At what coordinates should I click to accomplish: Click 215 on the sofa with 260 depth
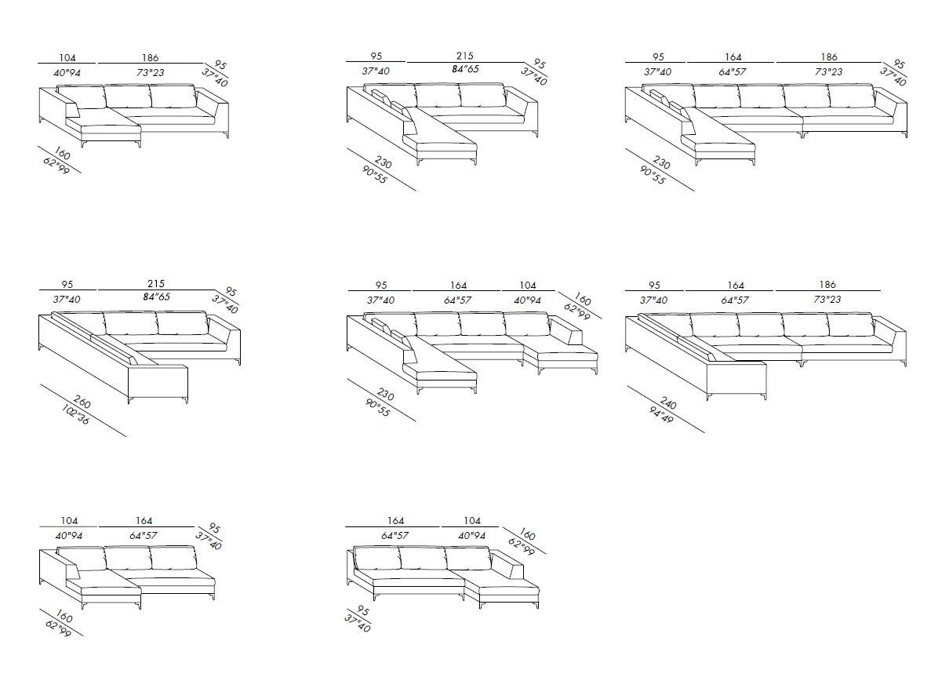[x=155, y=284]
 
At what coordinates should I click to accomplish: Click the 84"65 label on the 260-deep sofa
[x=155, y=298]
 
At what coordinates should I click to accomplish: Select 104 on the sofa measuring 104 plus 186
[x=68, y=57]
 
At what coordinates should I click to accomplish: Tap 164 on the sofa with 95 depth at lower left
[x=144, y=521]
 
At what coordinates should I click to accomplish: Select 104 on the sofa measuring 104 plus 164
[x=68, y=521]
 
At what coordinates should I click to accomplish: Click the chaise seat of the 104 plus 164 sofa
[x=100, y=589]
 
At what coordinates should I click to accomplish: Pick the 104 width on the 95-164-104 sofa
[x=528, y=285]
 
